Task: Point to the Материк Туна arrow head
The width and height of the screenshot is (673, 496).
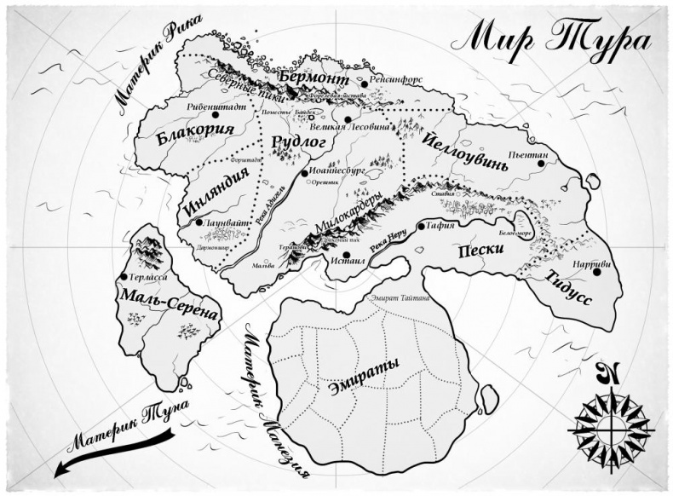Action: pos(61,468)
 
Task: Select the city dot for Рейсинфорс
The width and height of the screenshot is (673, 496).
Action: pos(364,84)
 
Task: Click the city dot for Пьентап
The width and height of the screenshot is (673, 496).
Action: pos(540,163)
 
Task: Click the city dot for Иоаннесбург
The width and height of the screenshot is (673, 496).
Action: pos(304,173)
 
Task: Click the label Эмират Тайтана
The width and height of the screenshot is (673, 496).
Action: pos(399,298)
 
